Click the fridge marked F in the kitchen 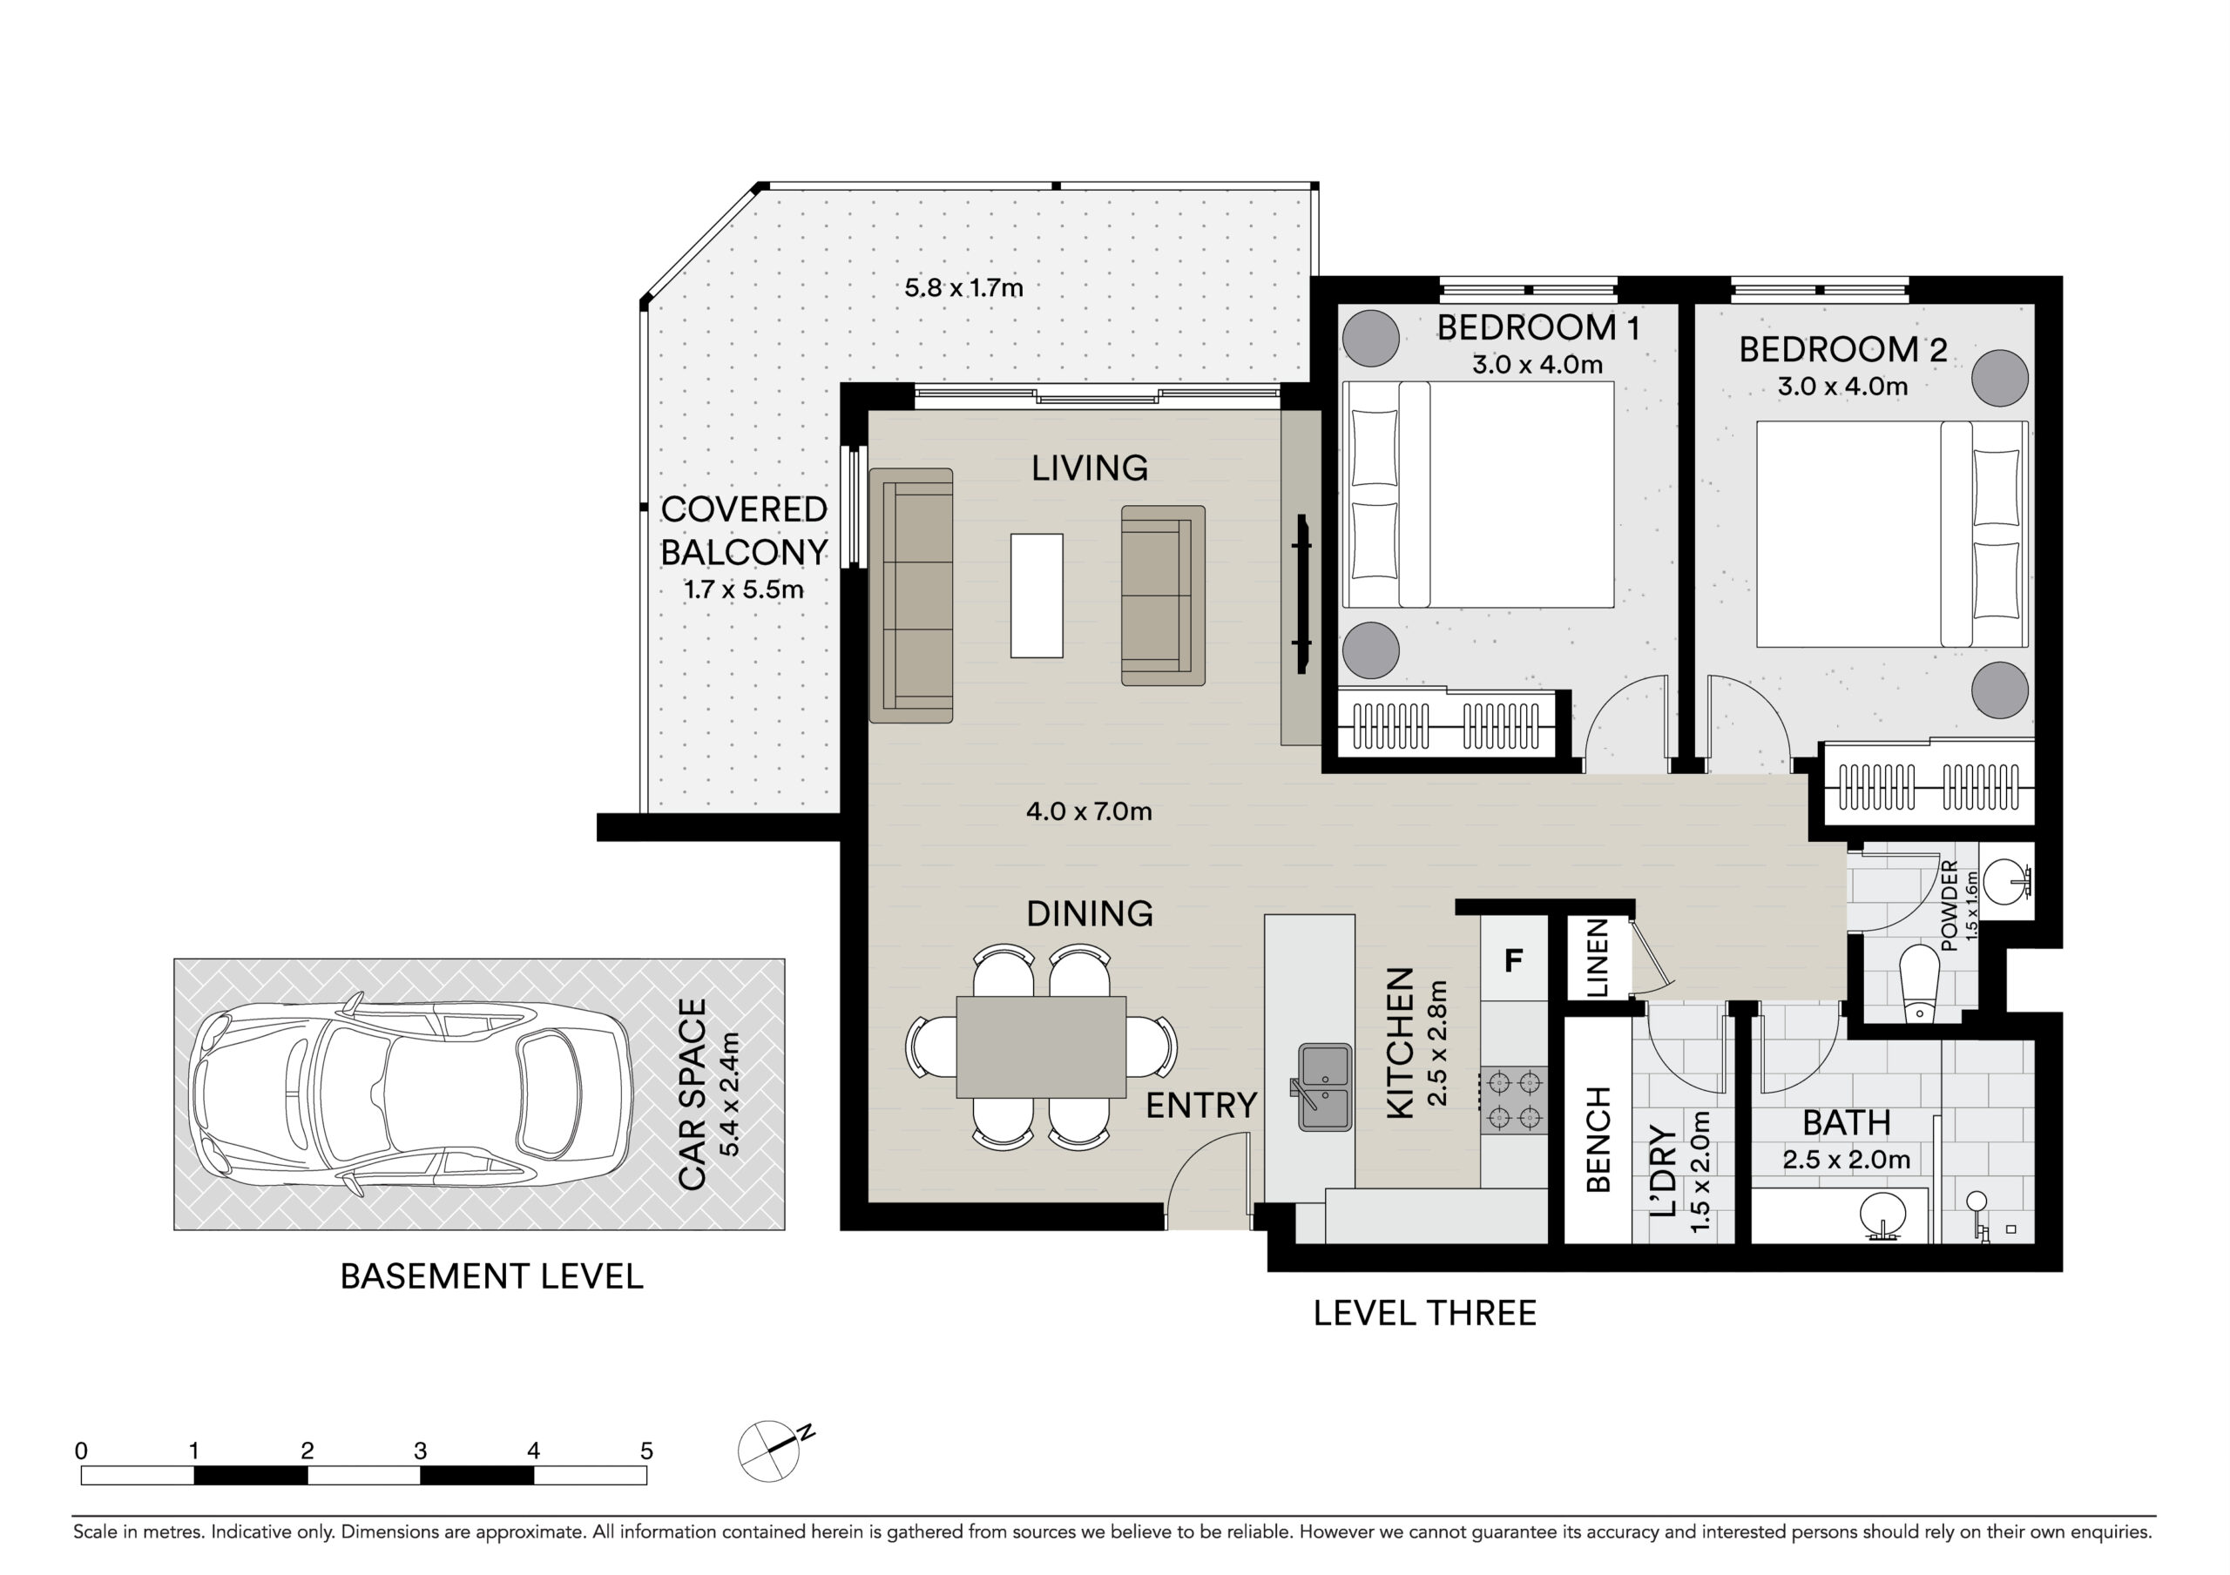[1512, 959]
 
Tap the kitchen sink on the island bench [1325, 1087]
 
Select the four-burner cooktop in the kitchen [1513, 1100]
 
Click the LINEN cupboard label [1596, 959]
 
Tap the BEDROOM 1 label [1538, 328]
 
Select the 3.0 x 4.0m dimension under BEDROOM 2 [1842, 387]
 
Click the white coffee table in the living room [1037, 596]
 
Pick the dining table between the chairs [1041, 1047]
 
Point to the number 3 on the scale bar [421, 1451]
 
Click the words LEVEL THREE [1425, 1314]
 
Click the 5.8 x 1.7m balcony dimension [963, 288]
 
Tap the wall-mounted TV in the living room [1301, 595]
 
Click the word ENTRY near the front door [1201, 1105]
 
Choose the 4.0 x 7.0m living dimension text [1089, 811]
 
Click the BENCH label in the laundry [1598, 1139]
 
